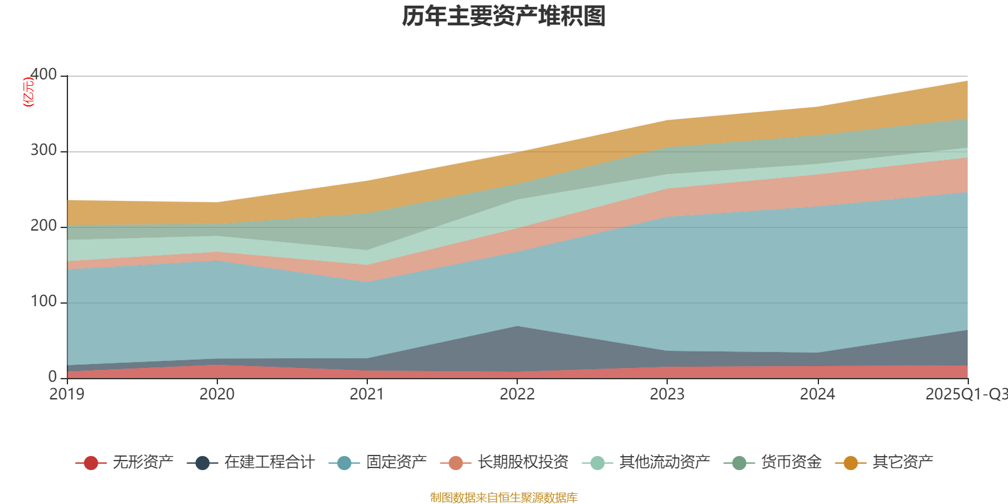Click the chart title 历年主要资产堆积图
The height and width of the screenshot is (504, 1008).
pyautogui.click(x=504, y=16)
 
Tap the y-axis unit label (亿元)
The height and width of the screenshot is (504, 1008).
pyautogui.click(x=28, y=92)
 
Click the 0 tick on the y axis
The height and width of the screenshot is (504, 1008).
pyautogui.click(x=52, y=377)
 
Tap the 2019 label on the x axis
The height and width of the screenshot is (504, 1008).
pyautogui.click(x=67, y=394)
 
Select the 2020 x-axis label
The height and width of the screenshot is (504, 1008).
pyautogui.click(x=217, y=394)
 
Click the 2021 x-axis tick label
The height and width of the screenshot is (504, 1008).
pyautogui.click(x=367, y=394)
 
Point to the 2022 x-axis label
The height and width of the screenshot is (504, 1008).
pyautogui.click(x=517, y=394)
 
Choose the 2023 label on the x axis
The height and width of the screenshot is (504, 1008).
pyautogui.click(x=667, y=394)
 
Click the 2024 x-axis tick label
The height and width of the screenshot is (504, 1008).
pyautogui.click(x=817, y=394)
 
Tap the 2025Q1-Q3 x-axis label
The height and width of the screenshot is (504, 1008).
pyautogui.click(x=965, y=394)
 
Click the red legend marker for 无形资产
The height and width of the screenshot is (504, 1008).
pyautogui.click(x=91, y=463)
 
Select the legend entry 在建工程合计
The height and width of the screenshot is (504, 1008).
pyautogui.click(x=269, y=463)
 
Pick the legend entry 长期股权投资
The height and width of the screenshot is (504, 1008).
pyautogui.click(x=522, y=463)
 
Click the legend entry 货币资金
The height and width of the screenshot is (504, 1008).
pyautogui.click(x=791, y=463)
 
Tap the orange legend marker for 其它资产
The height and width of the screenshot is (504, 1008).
pyautogui.click(x=850, y=463)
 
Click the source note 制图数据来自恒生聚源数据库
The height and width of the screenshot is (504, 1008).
pyautogui.click(x=504, y=498)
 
